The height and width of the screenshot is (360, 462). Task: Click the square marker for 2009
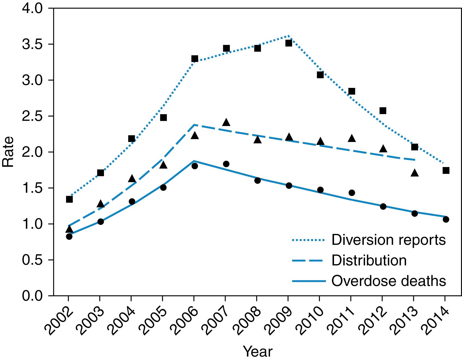coord(289,43)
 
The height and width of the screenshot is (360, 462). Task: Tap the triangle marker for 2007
coord(226,123)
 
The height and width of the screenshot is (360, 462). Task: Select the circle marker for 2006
coord(195,166)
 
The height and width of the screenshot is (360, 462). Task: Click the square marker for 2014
coord(446,170)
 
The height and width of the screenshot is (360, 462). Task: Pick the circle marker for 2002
coord(69,237)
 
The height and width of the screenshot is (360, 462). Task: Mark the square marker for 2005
coord(163,118)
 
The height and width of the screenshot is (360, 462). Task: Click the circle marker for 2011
coord(352,193)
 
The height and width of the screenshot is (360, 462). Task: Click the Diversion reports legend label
coord(388,240)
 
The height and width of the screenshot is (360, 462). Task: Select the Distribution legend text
coord(369,260)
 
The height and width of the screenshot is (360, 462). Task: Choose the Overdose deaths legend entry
coord(389,281)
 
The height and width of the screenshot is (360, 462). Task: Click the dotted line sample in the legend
coord(308,240)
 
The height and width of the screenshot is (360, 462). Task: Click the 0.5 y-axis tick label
coord(32,260)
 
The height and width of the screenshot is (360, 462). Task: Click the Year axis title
coord(257,352)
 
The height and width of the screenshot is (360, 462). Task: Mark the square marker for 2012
coord(383,111)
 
